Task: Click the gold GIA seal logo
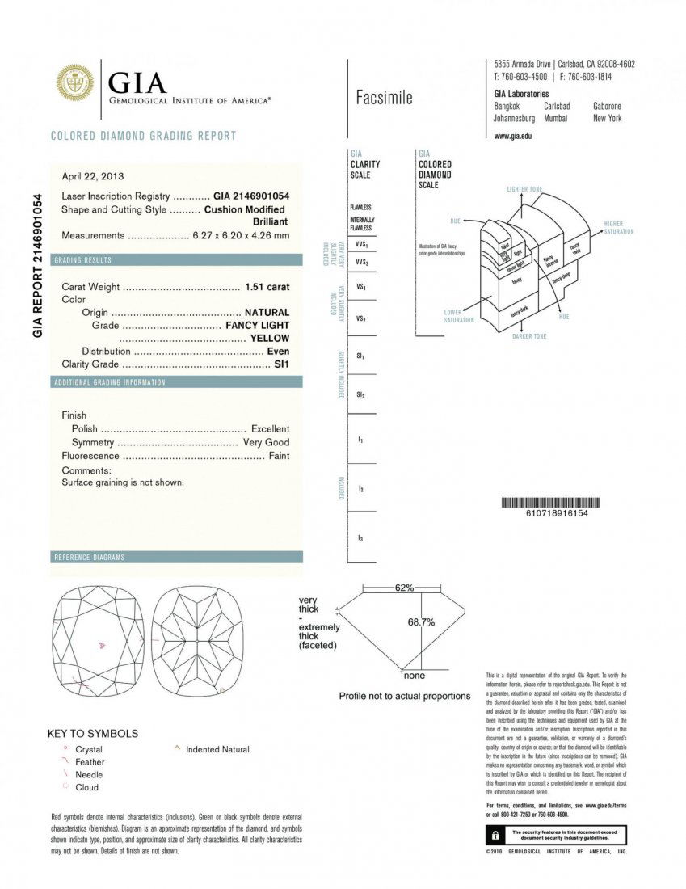coord(75,83)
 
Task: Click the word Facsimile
coord(384,98)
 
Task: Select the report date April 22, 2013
coord(93,176)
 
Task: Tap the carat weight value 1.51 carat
coord(267,286)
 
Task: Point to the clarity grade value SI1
coord(281,364)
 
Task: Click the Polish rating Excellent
coord(270,428)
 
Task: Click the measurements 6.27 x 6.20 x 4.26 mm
coord(241,235)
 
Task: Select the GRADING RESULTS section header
coord(83,260)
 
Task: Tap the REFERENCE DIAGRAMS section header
coord(90,558)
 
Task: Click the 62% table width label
coord(404,588)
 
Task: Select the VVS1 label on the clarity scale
coord(361,243)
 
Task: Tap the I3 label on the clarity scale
coord(360,537)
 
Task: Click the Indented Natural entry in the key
coord(217,749)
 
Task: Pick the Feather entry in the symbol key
coord(89,761)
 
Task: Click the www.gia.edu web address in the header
coord(512,136)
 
